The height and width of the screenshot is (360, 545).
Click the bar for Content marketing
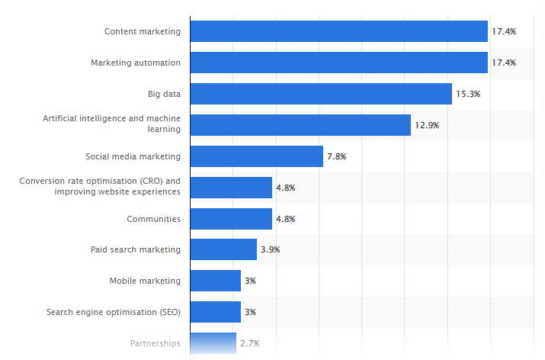(x=338, y=31)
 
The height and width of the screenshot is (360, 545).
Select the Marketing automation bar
(x=338, y=63)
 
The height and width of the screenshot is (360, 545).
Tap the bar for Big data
(x=321, y=94)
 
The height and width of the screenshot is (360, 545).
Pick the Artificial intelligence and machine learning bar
(x=300, y=125)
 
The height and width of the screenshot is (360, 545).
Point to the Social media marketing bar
(x=256, y=156)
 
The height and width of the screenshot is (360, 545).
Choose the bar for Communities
(x=231, y=219)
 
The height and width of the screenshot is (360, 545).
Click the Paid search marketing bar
(x=223, y=249)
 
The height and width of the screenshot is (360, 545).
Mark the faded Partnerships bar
(x=213, y=343)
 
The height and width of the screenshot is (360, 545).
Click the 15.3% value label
(x=469, y=94)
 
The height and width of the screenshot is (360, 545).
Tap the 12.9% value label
(x=428, y=125)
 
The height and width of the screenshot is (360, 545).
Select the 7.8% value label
(x=337, y=156)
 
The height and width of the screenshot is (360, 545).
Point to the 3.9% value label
(x=271, y=249)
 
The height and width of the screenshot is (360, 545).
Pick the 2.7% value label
(x=250, y=343)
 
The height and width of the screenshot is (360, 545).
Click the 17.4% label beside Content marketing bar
(x=505, y=31)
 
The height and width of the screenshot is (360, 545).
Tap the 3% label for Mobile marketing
(x=250, y=281)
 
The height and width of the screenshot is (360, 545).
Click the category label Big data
(x=164, y=94)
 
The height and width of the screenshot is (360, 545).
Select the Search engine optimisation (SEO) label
(x=114, y=312)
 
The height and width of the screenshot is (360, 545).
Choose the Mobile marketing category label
(x=145, y=281)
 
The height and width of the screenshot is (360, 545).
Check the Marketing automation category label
(x=136, y=63)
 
